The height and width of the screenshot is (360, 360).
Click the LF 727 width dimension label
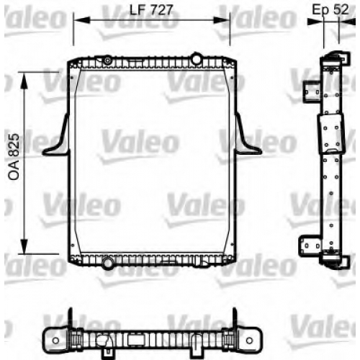click(x=151, y=10)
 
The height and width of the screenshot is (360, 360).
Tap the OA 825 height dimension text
click(x=14, y=157)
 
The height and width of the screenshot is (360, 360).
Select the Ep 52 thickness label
click(x=330, y=9)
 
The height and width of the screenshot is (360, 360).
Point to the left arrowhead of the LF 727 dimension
click(x=81, y=20)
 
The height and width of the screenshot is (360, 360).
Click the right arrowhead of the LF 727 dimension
click(x=222, y=20)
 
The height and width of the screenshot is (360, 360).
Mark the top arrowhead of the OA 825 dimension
click(x=24, y=81)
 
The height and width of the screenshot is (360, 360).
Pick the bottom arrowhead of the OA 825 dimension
click(x=24, y=246)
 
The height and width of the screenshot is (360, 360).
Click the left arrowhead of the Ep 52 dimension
click(x=315, y=22)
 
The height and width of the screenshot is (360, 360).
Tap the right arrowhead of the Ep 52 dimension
click(x=347, y=22)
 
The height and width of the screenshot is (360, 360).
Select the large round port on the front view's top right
click(x=197, y=58)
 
